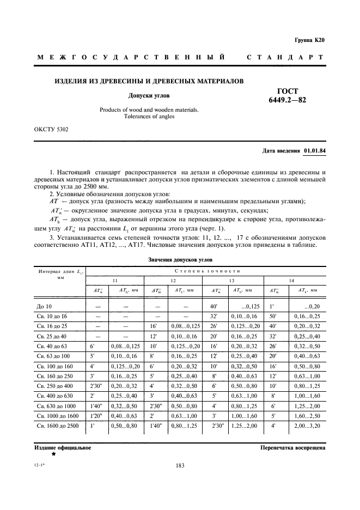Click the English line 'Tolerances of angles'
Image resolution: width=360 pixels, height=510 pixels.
coord(149,117)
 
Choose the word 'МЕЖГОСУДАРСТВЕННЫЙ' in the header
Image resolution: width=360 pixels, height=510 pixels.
coord(131,57)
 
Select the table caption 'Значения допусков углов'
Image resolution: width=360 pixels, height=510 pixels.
coord(180,260)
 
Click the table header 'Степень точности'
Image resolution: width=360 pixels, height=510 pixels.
coord(208,270)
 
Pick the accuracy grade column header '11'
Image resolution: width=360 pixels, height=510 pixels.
coord(114,280)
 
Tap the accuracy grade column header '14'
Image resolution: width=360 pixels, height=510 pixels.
coord(292,280)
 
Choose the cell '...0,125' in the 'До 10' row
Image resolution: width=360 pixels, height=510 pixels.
coord(242,306)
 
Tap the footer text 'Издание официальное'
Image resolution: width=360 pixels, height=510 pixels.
coord(63,448)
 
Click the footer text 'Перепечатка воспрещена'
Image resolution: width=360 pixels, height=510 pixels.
coord(293,448)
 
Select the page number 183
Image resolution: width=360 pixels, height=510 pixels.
coord(180,465)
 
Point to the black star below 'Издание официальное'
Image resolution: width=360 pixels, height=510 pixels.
coord(53,454)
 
